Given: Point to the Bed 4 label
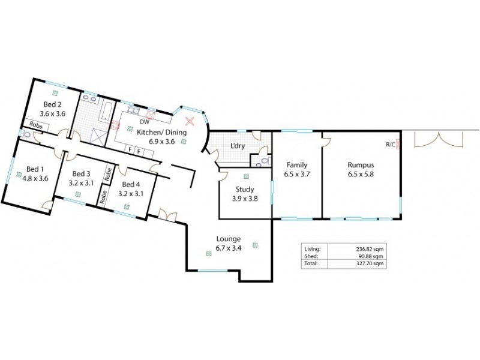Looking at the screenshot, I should (x=130, y=185).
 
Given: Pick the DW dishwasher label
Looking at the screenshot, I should (x=144, y=122).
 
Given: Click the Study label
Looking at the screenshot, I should (x=244, y=190).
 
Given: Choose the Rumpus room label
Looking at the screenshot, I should (x=361, y=164).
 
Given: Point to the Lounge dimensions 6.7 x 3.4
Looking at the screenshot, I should (x=227, y=248).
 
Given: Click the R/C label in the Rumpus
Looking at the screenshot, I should (x=390, y=144).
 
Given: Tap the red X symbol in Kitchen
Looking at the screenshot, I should (x=190, y=121).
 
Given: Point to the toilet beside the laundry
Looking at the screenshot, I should (x=259, y=161).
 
